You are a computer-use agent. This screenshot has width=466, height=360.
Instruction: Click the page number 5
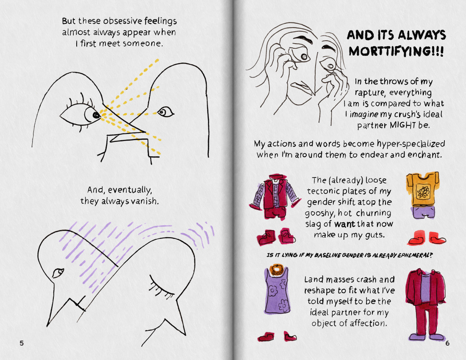pyautogui.click(x=22, y=343)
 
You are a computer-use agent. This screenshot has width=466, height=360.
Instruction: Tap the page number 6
pyautogui.click(x=447, y=343)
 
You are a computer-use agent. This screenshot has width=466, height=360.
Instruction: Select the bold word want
pyautogui.click(x=344, y=224)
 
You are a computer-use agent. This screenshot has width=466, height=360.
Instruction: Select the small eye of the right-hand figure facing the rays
pyautogui.click(x=165, y=112)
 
